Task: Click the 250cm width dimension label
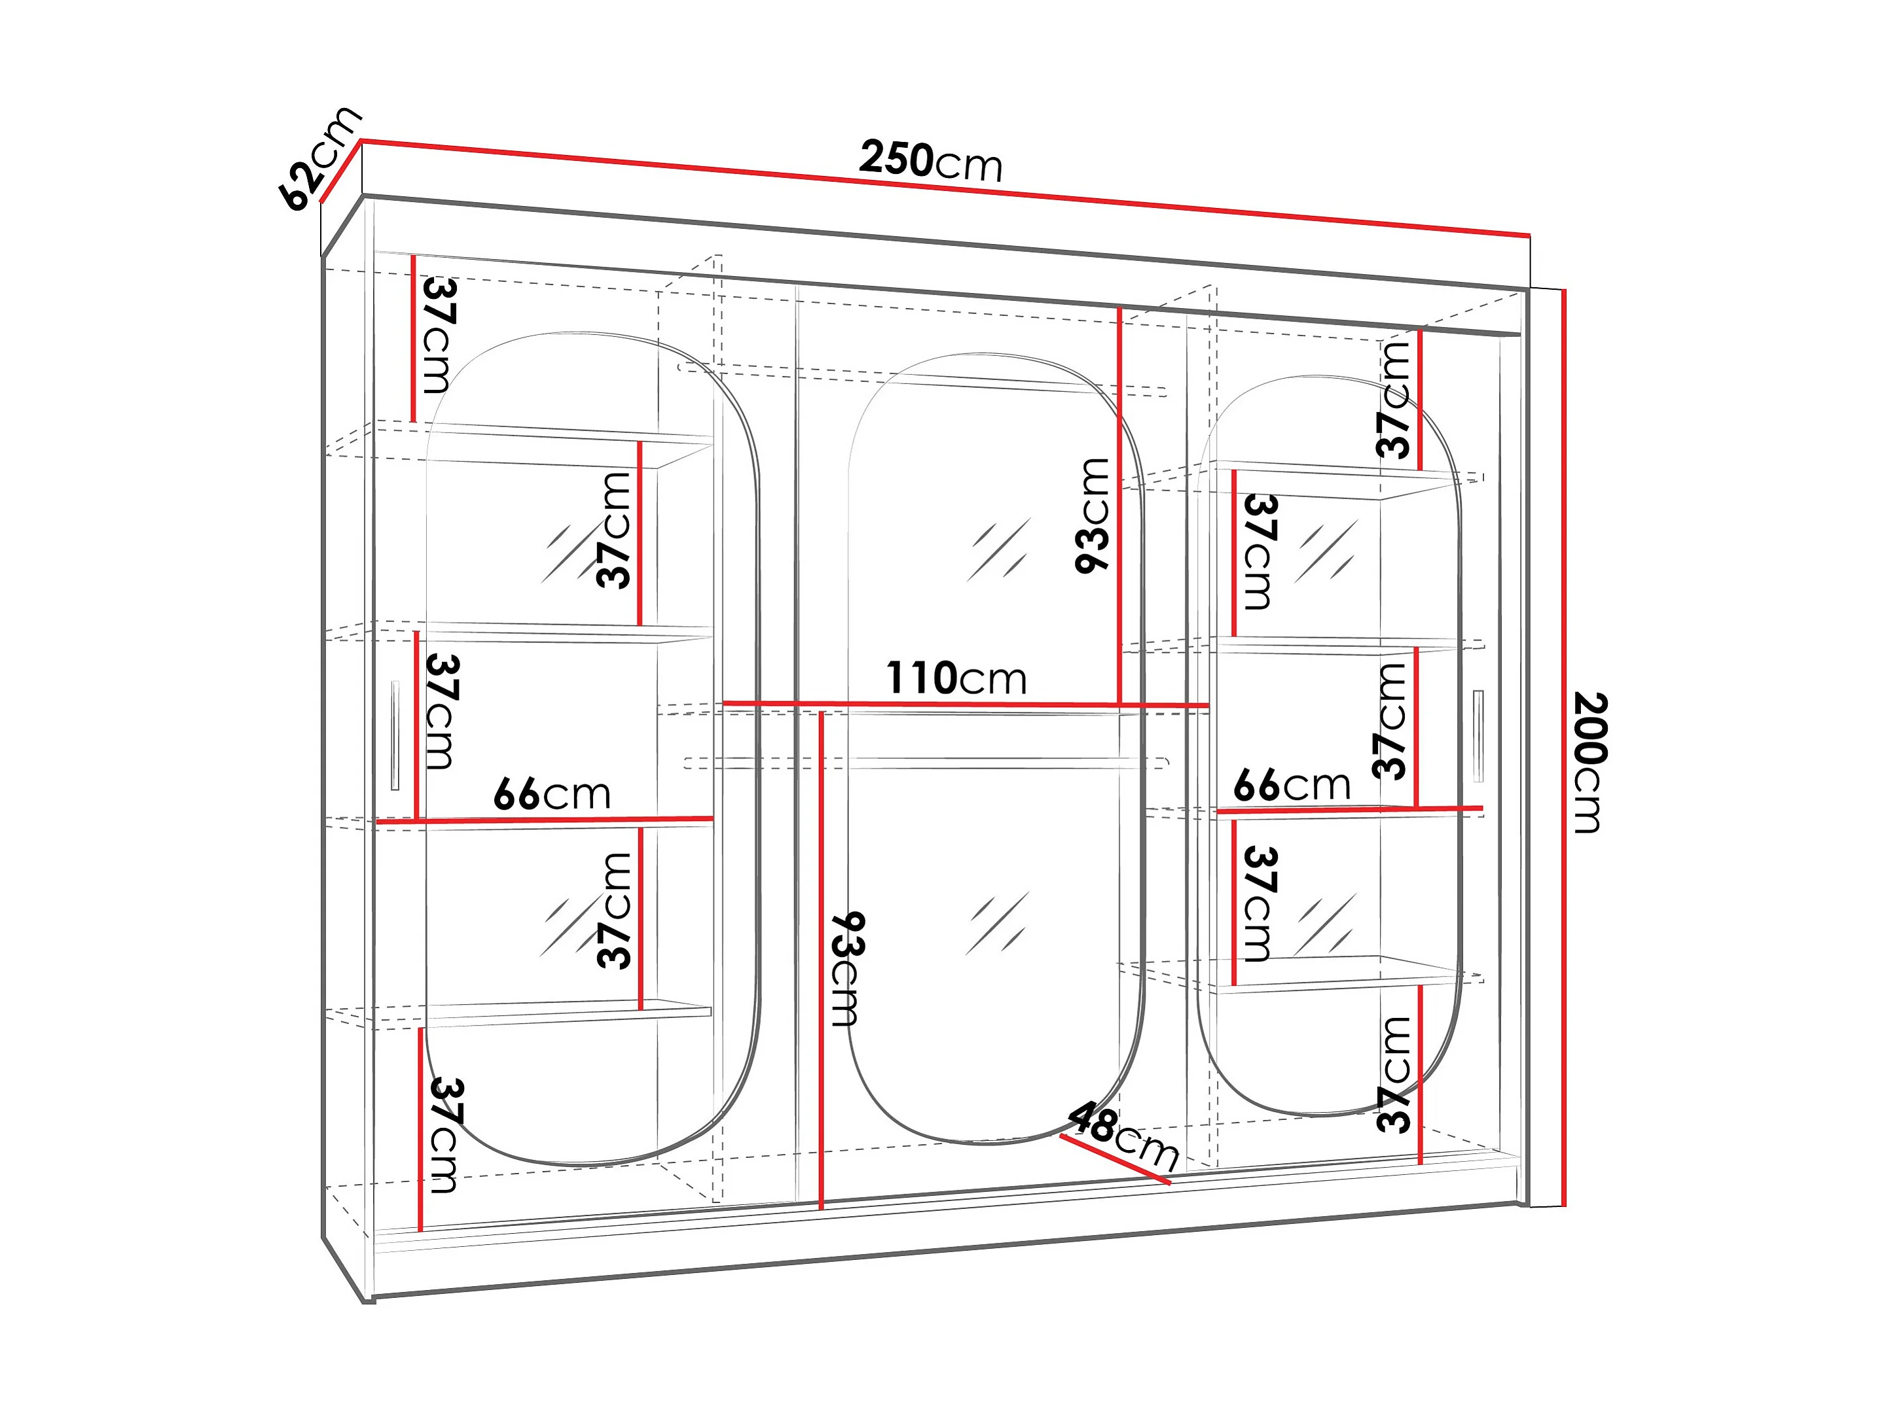coord(930,160)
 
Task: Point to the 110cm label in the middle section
coord(956,678)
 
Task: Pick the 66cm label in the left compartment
coord(552,794)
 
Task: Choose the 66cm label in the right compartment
coord(1292,785)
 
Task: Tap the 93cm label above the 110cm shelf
coord(1093,515)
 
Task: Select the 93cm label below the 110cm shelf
coord(846,968)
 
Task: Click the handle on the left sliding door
coord(395,735)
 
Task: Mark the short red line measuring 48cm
coord(1115,1159)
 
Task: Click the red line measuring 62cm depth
coord(341,172)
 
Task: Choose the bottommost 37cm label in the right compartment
coord(1393,1073)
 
